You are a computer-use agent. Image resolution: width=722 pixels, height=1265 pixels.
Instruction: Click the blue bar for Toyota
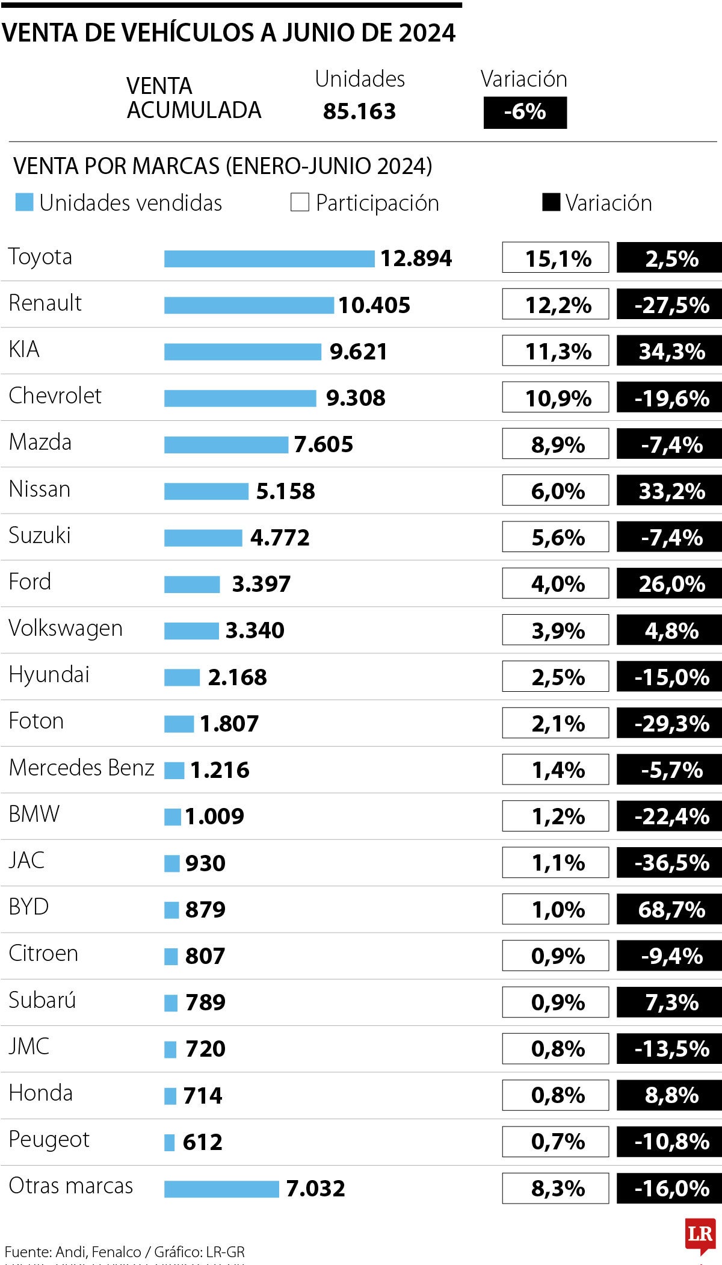[x=269, y=259]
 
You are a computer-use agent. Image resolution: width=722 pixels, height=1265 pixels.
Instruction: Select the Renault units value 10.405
[x=374, y=305]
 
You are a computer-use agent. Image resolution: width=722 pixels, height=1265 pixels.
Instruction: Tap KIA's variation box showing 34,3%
[x=669, y=352]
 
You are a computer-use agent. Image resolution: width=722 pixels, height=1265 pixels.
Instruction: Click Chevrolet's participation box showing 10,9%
[x=555, y=398]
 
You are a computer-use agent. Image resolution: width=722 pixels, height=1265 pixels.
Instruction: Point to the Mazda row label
[x=40, y=443]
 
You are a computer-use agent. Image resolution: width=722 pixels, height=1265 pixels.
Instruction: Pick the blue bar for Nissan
[x=206, y=491]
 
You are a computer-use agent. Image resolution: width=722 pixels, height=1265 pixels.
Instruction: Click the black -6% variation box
[x=525, y=113]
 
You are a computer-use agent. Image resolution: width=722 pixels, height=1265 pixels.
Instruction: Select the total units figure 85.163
[x=359, y=111]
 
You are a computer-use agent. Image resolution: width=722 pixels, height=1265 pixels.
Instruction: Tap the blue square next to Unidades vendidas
[x=24, y=202]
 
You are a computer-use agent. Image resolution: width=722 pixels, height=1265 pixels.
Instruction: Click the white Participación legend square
[x=300, y=202]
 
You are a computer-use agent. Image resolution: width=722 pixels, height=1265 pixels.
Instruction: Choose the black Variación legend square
[x=551, y=202]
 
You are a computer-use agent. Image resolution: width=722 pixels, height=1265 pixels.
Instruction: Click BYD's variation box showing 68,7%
[x=669, y=909]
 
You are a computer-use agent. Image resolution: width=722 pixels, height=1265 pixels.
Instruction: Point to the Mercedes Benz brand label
[x=82, y=768]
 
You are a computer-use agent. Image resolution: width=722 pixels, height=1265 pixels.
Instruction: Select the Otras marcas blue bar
[x=221, y=1189]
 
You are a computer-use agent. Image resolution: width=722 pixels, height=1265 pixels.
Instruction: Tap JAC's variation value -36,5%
[x=671, y=863]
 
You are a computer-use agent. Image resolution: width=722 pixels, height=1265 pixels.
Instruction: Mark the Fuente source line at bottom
[x=125, y=1252]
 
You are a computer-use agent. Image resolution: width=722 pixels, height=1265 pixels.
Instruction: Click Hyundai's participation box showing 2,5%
[x=555, y=677]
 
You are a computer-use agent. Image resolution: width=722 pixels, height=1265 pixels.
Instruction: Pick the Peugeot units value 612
[x=202, y=1142]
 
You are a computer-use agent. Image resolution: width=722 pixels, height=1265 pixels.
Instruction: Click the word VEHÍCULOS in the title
[x=189, y=33]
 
